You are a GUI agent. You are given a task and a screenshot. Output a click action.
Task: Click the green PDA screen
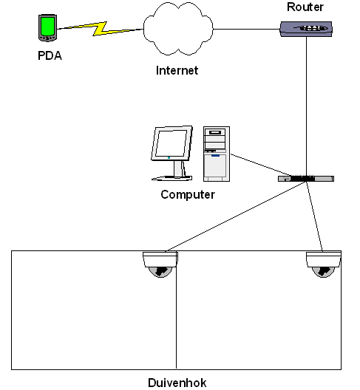point(48,26)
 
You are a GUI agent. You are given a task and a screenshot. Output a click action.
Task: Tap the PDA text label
point(50,55)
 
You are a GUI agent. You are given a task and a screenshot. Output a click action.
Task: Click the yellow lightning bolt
point(101,29)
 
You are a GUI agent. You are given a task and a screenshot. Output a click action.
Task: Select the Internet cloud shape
point(178,28)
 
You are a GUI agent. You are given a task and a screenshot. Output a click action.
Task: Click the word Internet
point(177,70)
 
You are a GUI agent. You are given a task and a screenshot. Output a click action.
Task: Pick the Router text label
point(305,7)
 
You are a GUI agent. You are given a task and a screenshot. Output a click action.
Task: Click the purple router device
point(306,29)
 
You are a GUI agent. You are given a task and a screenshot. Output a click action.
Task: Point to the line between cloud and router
point(247,29)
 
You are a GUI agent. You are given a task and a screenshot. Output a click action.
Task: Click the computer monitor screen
point(171,143)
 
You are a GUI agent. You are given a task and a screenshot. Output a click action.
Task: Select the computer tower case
point(217,154)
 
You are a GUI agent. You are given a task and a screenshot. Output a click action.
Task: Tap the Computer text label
point(188,194)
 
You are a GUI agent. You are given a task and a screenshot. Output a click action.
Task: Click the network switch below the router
point(306,179)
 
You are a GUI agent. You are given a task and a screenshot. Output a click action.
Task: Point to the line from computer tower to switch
point(261,165)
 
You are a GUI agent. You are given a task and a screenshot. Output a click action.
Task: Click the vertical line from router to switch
point(307,106)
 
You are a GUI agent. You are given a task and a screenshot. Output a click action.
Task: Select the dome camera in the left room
point(160,264)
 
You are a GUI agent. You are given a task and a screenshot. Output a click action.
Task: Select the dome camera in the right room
point(323,264)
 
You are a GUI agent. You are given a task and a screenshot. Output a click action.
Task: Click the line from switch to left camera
point(236,216)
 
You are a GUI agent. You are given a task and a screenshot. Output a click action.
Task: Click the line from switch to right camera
point(314,216)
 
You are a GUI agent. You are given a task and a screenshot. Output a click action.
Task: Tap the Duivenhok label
point(177,383)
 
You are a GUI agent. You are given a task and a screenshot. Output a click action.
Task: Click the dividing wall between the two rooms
point(176,310)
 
